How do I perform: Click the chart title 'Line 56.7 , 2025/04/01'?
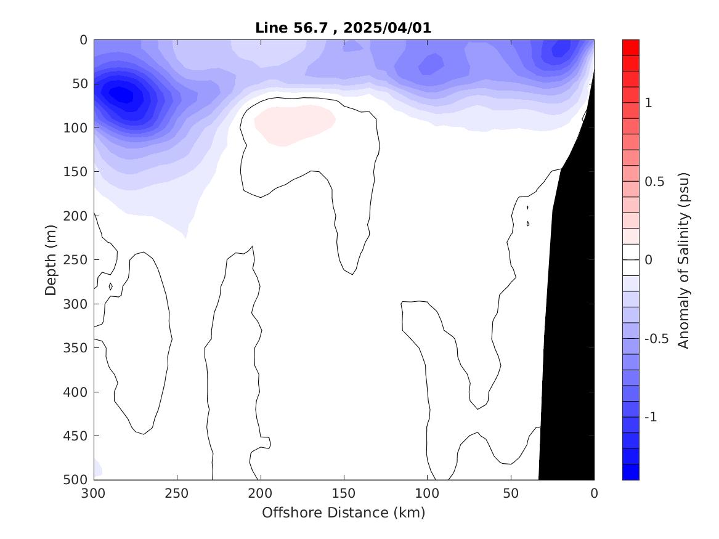[x=344, y=28]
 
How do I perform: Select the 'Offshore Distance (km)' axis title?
[x=344, y=513]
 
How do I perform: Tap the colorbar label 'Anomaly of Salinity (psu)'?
[x=683, y=260]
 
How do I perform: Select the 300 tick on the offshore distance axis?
[x=94, y=493]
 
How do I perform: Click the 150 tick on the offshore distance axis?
[x=344, y=493]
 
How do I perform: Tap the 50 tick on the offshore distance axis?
[x=511, y=493]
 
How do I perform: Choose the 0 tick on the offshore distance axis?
[x=594, y=493]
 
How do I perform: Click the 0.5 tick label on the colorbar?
[x=653, y=182]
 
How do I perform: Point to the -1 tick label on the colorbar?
[x=651, y=418]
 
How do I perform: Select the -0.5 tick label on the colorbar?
[x=656, y=339]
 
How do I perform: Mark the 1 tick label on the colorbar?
[x=648, y=103]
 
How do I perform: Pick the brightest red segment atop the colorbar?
[x=631, y=47]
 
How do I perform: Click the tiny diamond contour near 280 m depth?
[x=110, y=286]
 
